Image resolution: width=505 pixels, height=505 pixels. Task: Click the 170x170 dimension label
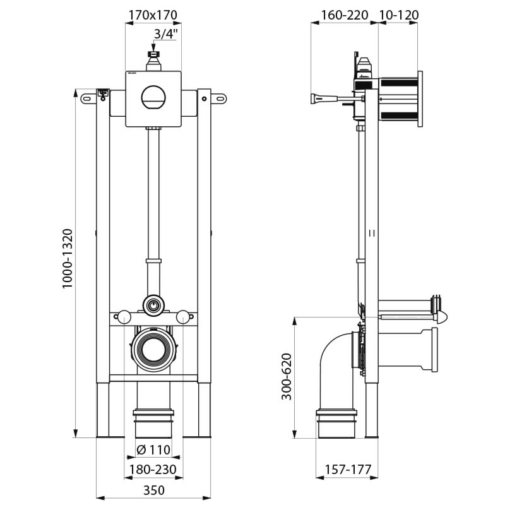pyautogui.click(x=151, y=15)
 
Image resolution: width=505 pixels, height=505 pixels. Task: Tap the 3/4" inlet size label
pyautogui.click(x=165, y=35)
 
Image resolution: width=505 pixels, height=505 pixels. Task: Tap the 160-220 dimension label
pyautogui.click(x=344, y=15)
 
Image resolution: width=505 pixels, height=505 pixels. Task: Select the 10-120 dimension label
pyautogui.click(x=398, y=15)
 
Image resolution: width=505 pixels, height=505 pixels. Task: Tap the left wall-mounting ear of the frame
pyautogui.click(x=88, y=97)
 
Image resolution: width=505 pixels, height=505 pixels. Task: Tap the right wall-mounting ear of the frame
pyautogui.click(x=218, y=97)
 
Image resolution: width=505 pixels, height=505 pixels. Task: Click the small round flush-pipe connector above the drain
pyautogui.click(x=152, y=306)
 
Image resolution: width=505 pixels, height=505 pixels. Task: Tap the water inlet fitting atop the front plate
pyautogui.click(x=152, y=60)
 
